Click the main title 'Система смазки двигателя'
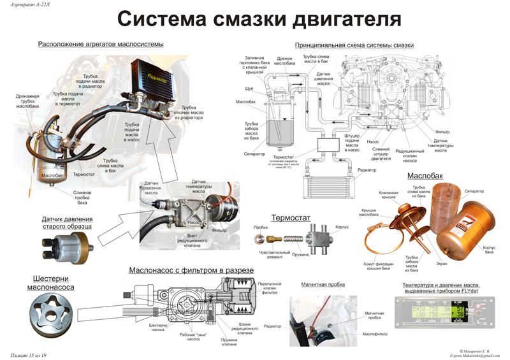point(259,19)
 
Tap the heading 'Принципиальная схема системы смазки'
point(354,46)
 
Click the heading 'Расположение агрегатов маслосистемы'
point(101,44)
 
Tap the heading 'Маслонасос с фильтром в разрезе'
point(191,270)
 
